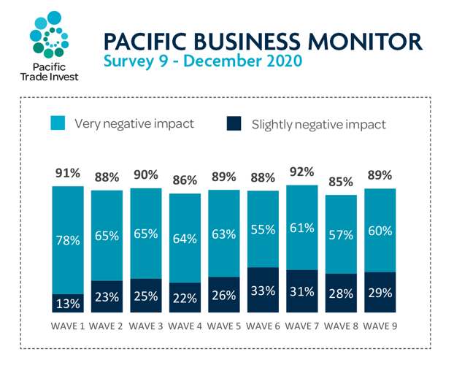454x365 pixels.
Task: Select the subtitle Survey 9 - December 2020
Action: point(202,61)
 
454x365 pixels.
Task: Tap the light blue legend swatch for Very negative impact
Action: point(58,123)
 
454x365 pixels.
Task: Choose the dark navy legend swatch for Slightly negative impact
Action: point(234,123)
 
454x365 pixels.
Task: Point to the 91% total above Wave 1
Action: point(67,174)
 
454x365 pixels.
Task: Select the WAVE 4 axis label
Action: point(185,325)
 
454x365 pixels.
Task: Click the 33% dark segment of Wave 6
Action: point(263,291)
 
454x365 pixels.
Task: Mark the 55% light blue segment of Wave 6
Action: point(263,229)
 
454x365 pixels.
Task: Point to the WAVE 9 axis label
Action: point(380,325)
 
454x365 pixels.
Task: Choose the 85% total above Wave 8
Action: point(341,180)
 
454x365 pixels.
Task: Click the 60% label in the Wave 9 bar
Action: point(380,231)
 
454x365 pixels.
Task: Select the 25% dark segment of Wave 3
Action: point(145,296)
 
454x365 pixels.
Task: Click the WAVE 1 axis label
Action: point(67,325)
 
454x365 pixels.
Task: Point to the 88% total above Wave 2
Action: point(106,177)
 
